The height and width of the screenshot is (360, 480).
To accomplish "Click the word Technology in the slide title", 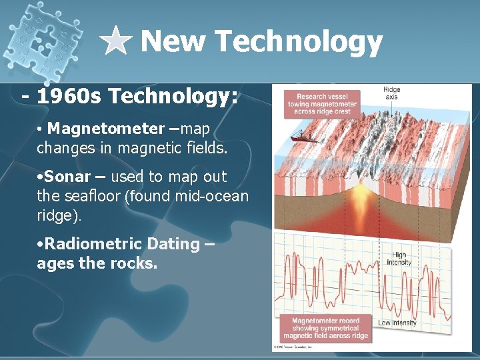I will [x=298, y=41].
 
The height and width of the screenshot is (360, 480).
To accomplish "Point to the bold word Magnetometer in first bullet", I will [x=105, y=128].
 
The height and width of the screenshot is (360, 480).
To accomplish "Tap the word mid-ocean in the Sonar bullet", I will [x=216, y=197].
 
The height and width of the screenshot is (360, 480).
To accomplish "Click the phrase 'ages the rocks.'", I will [x=97, y=263].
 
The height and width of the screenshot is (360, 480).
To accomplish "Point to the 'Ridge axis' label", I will [x=391, y=93].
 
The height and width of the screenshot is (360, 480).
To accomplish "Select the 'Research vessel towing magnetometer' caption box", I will [x=323, y=103].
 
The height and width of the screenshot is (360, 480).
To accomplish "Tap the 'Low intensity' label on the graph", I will [x=397, y=323].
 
